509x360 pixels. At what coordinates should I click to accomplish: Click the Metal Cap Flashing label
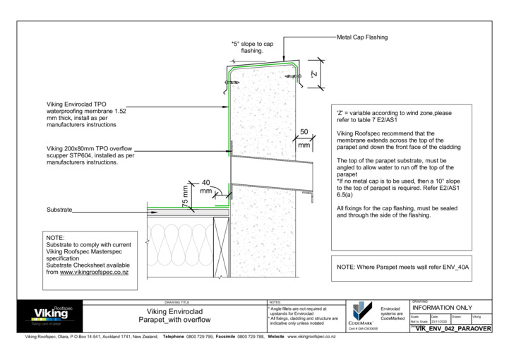[362, 37]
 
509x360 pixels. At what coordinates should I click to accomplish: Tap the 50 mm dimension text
[304, 138]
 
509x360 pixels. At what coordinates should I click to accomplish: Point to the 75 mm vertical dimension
[186, 195]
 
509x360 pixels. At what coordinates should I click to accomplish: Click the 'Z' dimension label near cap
[316, 73]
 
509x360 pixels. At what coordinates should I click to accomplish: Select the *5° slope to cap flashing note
[248, 47]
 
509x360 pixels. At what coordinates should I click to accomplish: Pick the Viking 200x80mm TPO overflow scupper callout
[91, 155]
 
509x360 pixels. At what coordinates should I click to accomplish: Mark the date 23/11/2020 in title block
[441, 321]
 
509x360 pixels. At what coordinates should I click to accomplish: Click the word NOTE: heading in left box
[55, 239]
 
